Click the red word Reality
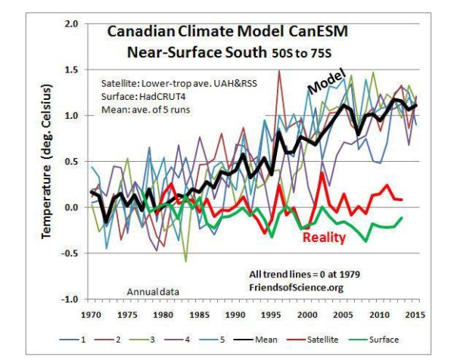coord(324,237)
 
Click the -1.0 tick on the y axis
coord(70,299)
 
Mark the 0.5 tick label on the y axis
coord(72,162)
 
